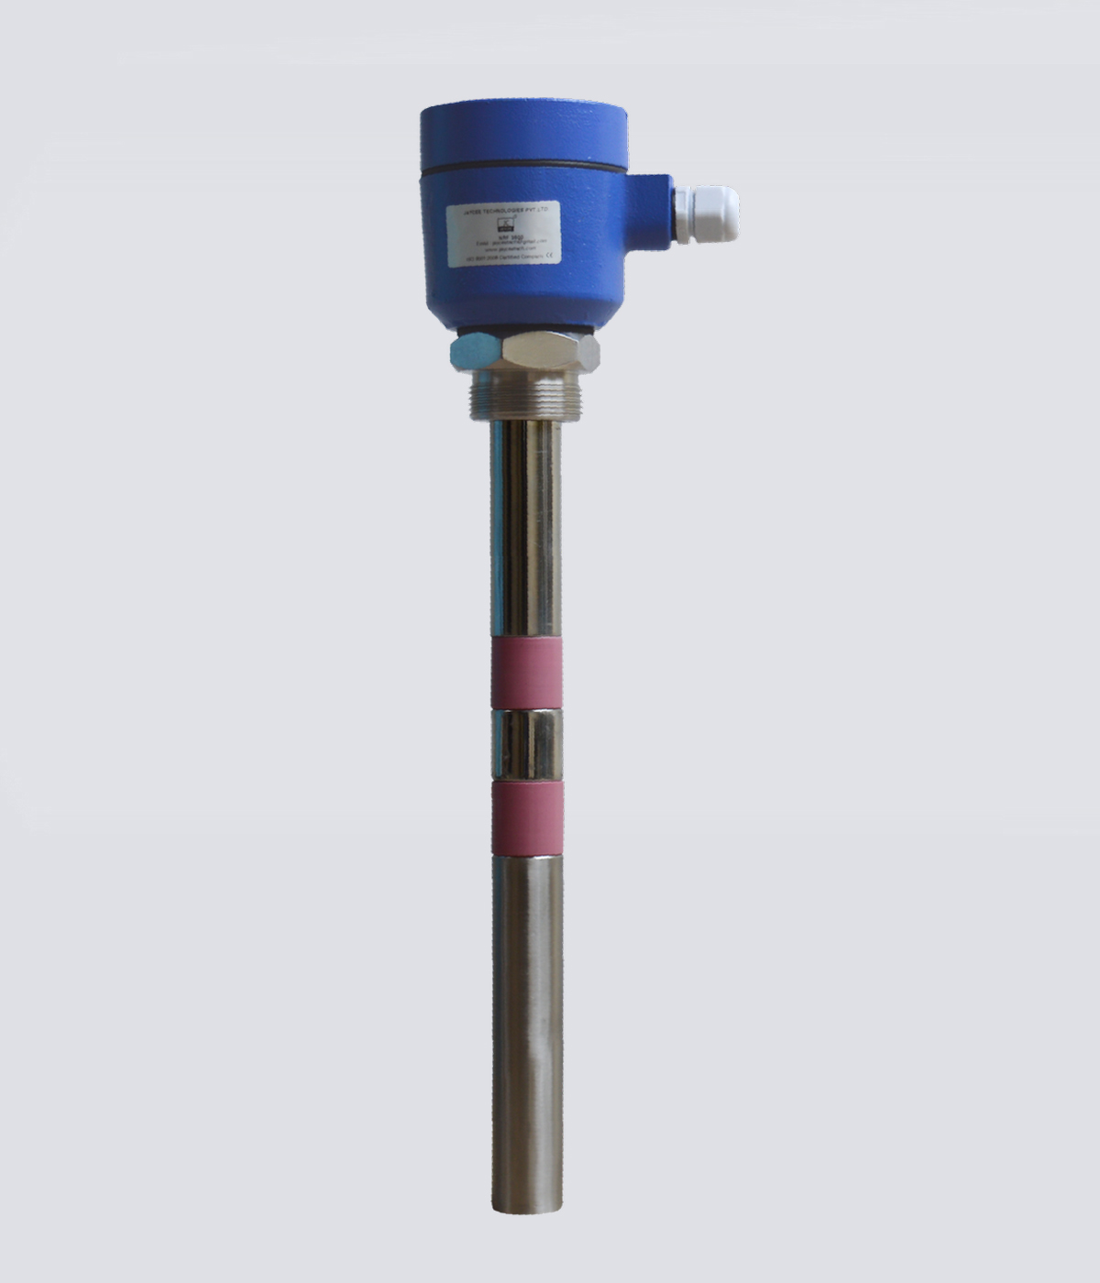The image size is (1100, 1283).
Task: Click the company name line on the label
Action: (519, 210)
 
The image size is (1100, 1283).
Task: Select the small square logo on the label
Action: (503, 223)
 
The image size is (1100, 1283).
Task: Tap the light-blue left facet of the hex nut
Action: (472, 349)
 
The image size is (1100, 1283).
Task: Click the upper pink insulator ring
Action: (526, 674)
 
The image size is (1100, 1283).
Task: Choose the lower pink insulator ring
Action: (526, 816)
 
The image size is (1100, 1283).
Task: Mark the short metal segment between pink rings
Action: (526, 744)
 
